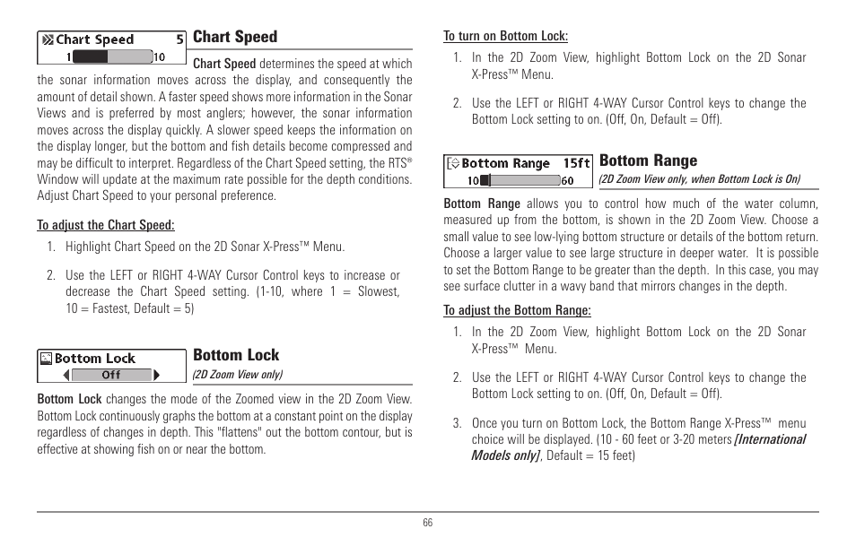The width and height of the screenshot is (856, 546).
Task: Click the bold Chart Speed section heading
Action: [235, 37]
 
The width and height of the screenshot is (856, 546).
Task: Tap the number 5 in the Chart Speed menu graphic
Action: [179, 39]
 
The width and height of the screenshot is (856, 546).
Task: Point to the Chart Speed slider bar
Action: [111, 56]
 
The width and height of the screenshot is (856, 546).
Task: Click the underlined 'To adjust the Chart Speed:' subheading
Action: [106, 225]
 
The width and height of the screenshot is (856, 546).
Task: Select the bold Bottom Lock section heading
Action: [236, 355]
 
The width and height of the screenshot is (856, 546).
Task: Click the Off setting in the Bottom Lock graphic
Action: [111, 376]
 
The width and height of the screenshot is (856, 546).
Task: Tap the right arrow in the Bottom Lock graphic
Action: [157, 376]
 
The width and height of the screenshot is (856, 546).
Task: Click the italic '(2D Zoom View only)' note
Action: [238, 375]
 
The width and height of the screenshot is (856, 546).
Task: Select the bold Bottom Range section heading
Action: [648, 160]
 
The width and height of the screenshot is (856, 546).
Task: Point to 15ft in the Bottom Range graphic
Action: [576, 163]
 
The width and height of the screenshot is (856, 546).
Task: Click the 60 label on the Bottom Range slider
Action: [567, 180]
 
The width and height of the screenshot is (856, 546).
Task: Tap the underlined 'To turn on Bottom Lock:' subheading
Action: [506, 37]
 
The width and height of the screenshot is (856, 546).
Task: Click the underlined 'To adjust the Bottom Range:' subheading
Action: [518, 310]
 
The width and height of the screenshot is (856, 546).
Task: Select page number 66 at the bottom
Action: [428, 524]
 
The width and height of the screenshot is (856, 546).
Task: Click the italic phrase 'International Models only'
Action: [640, 446]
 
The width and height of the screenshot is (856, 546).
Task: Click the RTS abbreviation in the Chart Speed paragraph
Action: [396, 163]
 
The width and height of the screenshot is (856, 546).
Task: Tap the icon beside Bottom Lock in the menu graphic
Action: [46, 359]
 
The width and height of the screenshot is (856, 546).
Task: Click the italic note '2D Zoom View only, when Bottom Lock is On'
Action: [699, 178]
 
